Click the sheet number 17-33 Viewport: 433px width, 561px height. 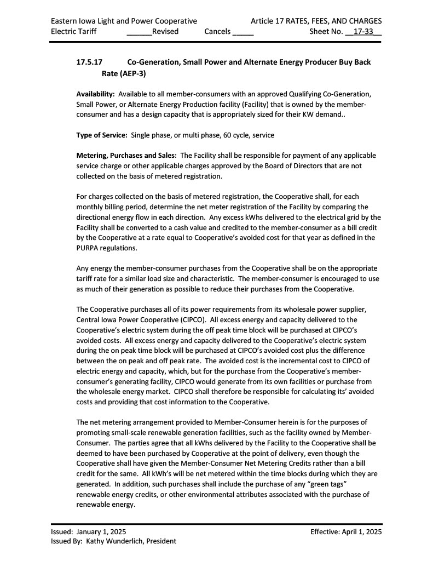tap(364, 31)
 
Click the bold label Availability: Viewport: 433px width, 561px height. tap(95, 94)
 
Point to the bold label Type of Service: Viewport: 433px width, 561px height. tap(102, 135)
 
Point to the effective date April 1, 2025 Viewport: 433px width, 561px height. tap(362, 531)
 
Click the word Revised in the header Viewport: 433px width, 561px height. tap(165, 31)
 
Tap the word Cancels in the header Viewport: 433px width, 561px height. tap(217, 31)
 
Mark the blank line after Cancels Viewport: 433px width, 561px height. tap(243, 32)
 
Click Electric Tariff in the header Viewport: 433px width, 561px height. tap(73, 31)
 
